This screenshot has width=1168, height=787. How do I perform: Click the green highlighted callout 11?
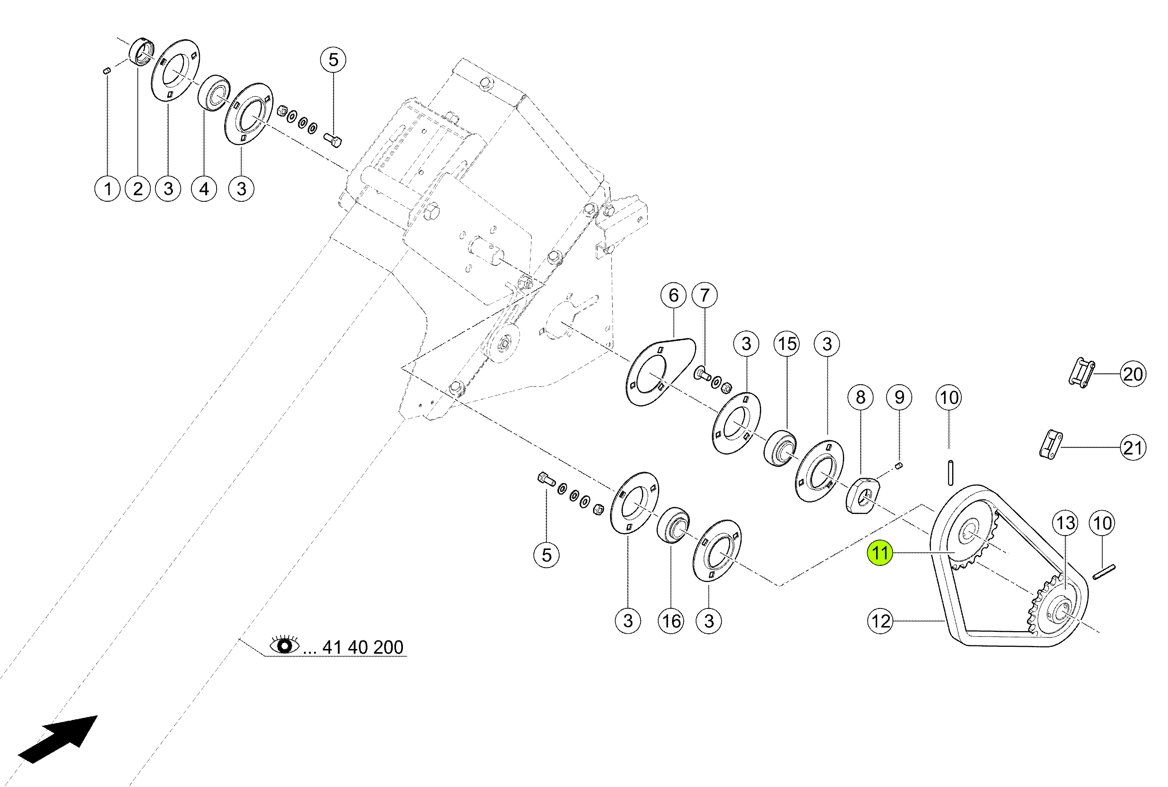tap(880, 552)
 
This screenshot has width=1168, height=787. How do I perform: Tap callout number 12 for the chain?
tap(880, 621)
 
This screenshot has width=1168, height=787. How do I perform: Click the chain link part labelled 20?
tap(1082, 373)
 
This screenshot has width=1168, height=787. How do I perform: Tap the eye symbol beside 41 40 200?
tap(284, 645)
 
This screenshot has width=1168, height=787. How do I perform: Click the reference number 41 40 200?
tap(363, 647)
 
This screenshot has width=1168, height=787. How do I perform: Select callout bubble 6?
tap(673, 295)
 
